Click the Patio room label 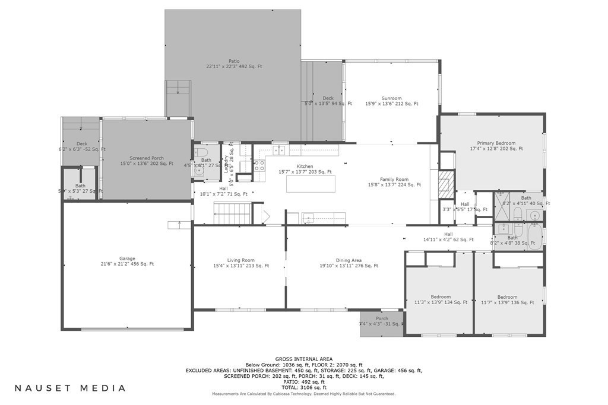point(234,60)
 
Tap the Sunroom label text point(391,98)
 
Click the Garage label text point(127,259)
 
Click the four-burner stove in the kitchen point(259,166)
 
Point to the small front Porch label point(382,318)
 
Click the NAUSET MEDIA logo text point(70,388)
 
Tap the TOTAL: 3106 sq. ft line point(303,387)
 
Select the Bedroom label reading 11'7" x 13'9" point(507,297)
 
